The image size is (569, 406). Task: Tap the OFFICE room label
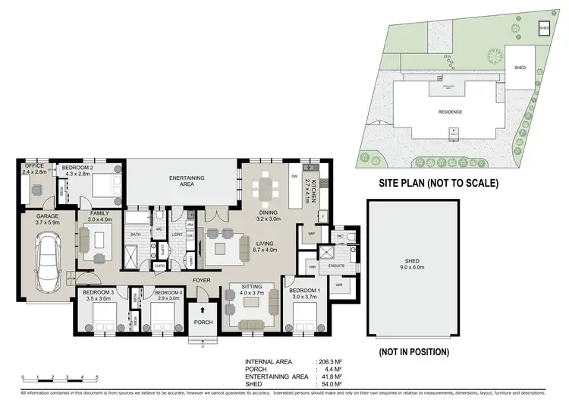pyautogui.click(x=35, y=166)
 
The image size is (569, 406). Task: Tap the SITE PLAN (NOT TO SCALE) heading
pyautogui.click(x=439, y=183)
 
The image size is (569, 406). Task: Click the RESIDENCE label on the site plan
pyautogui.click(x=450, y=112)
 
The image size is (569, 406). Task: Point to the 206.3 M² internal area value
pyautogui.click(x=329, y=362)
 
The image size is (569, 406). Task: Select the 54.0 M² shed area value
pyautogui.click(x=330, y=384)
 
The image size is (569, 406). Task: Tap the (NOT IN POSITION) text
pyautogui.click(x=414, y=352)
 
